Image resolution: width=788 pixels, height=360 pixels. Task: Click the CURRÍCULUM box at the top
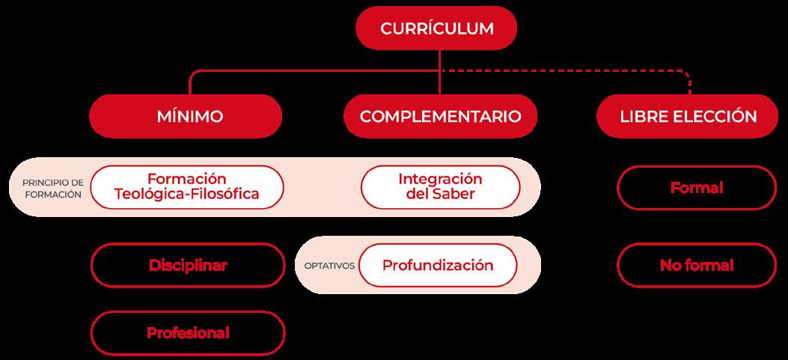438,28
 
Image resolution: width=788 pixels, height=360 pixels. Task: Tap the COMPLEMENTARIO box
439,117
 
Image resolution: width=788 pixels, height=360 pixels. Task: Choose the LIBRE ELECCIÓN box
687,117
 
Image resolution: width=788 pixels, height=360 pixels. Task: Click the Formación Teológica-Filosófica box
186,186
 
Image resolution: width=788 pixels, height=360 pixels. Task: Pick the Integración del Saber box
440,186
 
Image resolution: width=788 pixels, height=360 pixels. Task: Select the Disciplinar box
188,265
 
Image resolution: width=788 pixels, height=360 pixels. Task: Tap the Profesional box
188,332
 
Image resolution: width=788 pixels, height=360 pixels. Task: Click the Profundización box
438,265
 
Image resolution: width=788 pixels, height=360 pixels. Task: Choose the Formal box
696,187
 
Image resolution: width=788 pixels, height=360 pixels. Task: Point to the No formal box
696,265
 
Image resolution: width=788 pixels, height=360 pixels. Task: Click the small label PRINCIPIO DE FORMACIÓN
52,187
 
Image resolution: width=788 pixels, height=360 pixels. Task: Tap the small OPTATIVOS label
329,266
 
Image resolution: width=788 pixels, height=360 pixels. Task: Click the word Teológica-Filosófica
186,195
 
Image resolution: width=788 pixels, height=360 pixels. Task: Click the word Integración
440,179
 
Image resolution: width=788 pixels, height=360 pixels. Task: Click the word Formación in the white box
186,179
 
